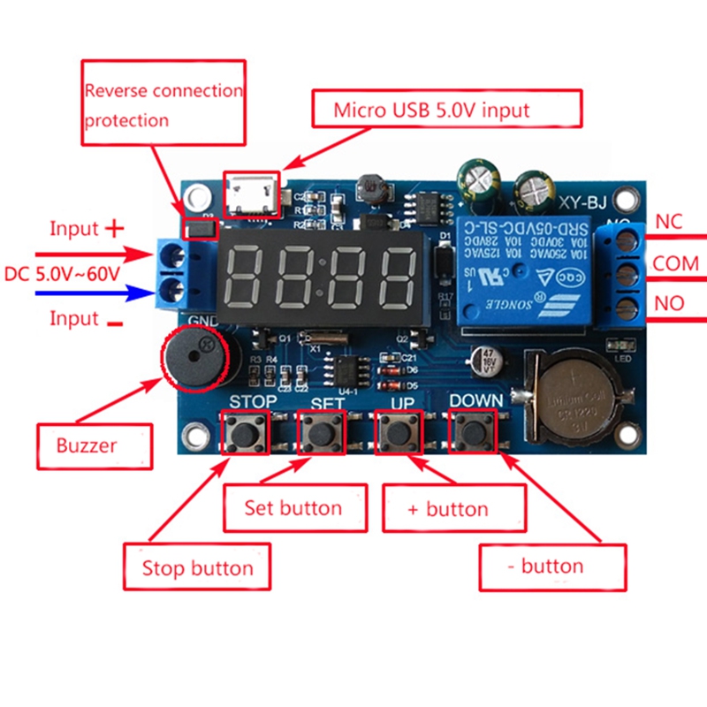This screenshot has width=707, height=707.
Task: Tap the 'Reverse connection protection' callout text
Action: point(163,104)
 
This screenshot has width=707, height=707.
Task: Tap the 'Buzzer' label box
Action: point(87,445)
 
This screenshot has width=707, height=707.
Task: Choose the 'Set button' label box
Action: point(294,507)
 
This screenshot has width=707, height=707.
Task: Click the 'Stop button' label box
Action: point(195,567)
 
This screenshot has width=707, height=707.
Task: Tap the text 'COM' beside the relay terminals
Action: point(675,263)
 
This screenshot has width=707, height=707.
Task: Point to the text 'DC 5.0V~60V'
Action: point(62,273)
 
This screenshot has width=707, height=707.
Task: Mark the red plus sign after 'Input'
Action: point(115,228)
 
